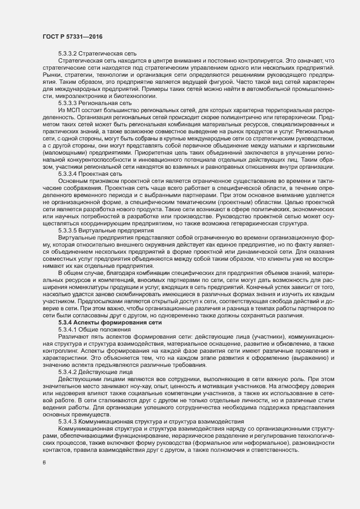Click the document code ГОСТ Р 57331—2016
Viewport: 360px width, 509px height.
(72, 36)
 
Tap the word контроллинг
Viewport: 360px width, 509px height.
(63, 351)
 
